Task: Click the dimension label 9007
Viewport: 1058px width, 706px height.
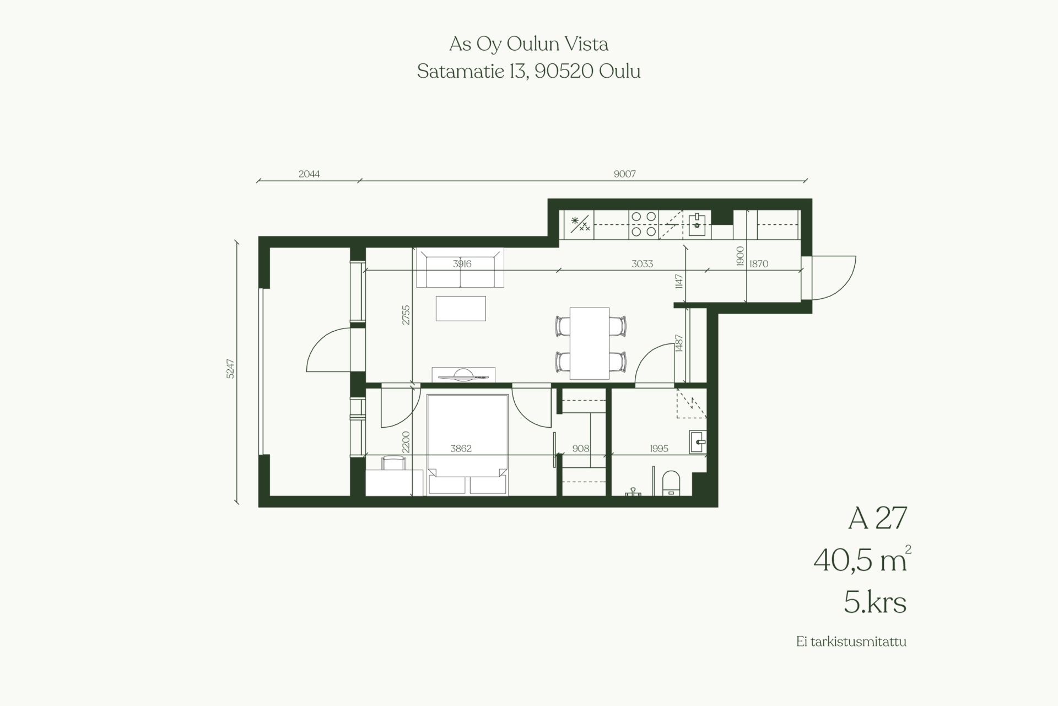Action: point(625,174)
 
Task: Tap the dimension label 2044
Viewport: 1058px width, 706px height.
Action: point(309,174)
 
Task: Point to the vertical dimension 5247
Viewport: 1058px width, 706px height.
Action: point(230,369)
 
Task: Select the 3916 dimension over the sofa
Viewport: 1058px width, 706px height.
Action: point(462,264)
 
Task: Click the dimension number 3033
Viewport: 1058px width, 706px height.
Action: point(642,264)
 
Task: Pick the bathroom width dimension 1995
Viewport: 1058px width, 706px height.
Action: point(659,449)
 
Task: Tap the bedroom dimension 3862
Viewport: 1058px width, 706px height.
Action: point(461,449)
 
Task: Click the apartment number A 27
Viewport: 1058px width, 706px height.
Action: point(877,519)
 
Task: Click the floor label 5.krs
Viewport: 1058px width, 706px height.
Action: point(875,603)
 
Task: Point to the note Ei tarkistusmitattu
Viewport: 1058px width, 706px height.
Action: point(851,642)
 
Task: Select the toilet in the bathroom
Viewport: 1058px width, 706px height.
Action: point(671,483)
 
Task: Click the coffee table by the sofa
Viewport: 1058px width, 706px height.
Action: point(461,308)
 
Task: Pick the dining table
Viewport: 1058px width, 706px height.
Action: point(590,343)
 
